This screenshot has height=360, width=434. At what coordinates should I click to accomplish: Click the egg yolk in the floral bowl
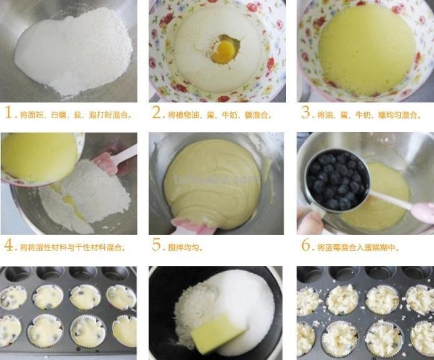224,50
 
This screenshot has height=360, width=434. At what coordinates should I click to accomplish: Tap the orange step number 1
9,113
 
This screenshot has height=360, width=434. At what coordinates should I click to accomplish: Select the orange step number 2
157,113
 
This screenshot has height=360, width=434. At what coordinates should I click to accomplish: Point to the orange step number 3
306,113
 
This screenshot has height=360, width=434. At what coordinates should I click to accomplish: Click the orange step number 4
9,245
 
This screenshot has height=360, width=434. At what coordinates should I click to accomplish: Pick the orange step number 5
157,245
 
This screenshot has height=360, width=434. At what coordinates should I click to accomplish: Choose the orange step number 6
306,245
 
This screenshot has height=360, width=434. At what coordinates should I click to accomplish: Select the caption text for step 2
220,115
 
